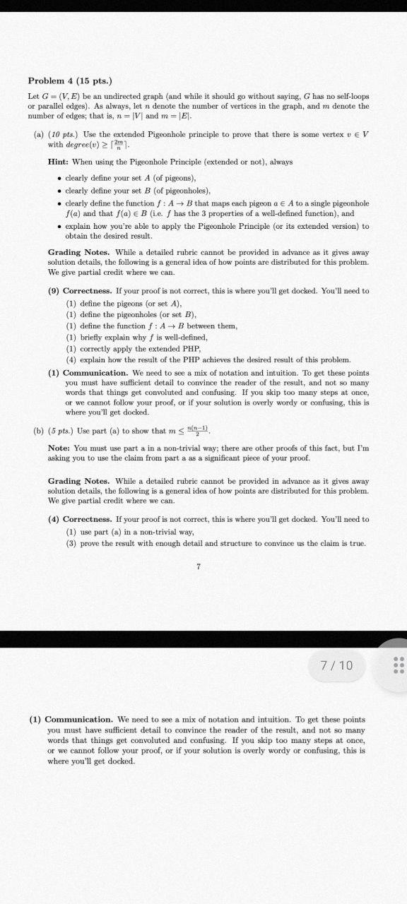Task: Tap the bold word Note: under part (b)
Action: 58,448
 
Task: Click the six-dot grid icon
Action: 397,665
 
